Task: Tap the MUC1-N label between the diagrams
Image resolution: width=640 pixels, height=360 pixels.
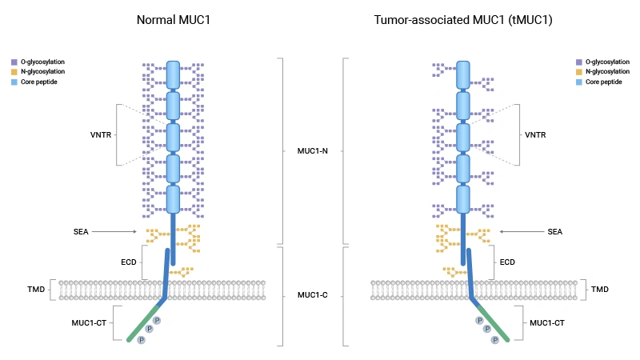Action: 313,150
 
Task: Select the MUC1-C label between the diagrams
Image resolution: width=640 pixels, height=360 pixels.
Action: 313,295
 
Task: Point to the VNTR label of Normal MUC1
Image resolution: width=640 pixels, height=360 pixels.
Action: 100,134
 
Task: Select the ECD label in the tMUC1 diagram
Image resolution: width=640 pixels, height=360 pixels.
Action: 507,262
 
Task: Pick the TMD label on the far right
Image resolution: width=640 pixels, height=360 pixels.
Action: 600,289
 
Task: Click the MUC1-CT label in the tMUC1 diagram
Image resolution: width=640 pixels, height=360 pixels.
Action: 548,323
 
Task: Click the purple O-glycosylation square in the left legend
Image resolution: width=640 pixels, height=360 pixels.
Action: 14,62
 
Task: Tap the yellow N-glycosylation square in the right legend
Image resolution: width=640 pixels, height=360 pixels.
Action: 578,72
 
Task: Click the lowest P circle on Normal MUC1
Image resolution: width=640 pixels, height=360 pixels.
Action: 142,340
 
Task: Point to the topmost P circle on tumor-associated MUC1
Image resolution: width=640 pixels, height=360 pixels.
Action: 479,320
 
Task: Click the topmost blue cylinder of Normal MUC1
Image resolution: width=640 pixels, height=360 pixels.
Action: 173,74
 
